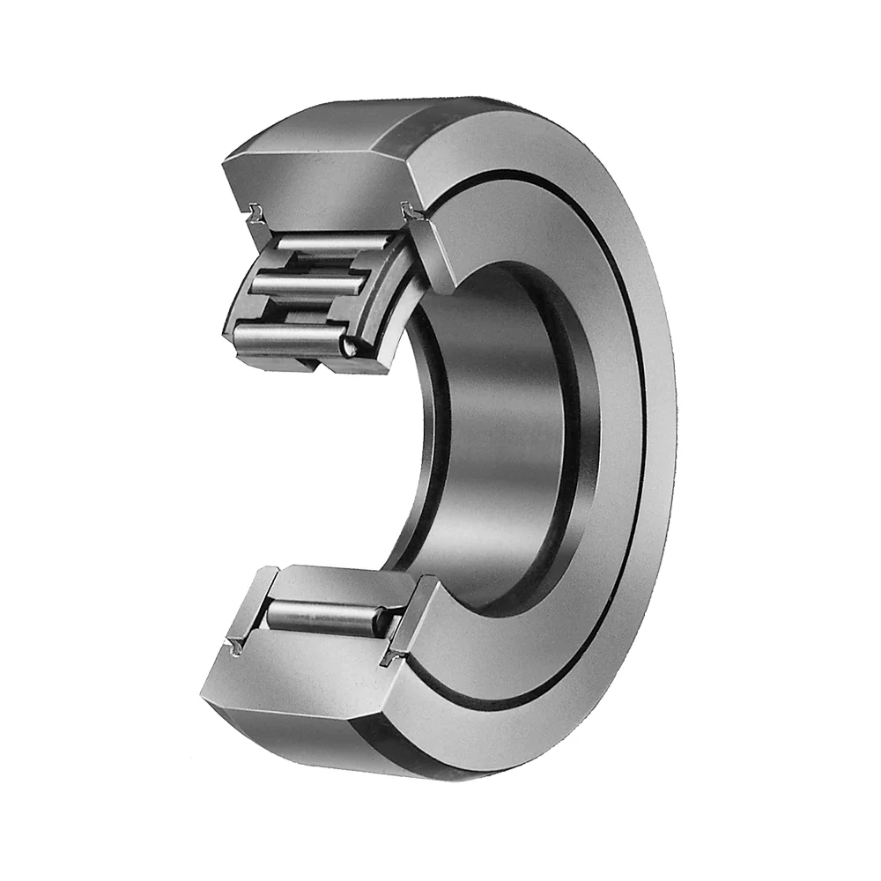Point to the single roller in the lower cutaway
coord(326,614)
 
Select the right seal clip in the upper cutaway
coord(410,211)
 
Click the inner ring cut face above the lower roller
coord(339,581)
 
